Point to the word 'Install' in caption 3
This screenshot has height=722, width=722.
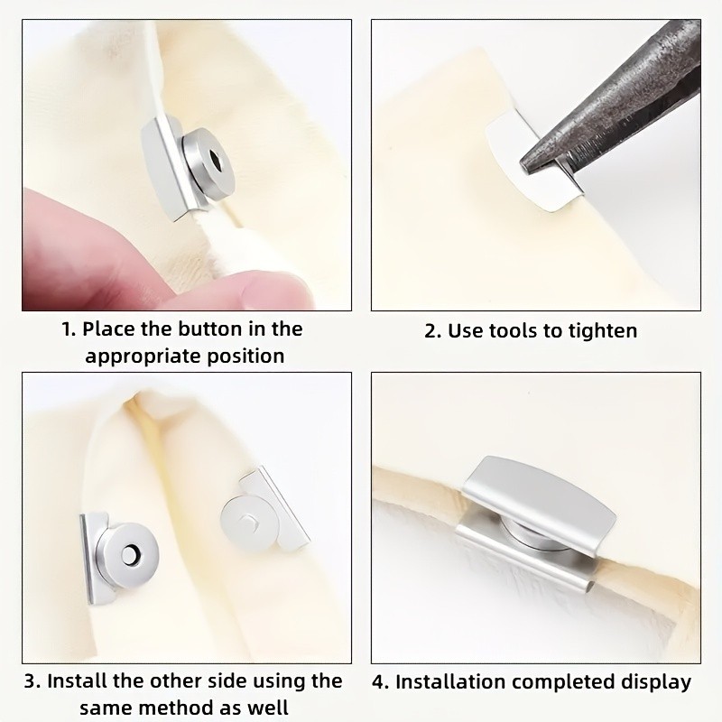pos(75,681)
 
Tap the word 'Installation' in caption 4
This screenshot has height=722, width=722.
pos(449,682)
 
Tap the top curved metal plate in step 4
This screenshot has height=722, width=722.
pos(540,494)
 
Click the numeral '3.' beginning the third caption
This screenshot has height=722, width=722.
pos(32,681)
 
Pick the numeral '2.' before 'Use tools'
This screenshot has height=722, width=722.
pos(433,331)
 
